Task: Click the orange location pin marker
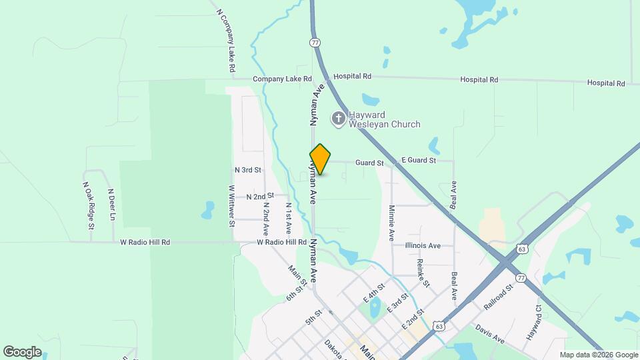[x=320, y=159]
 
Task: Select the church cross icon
[x=339, y=119]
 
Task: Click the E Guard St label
[x=418, y=161]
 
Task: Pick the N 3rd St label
[x=248, y=171]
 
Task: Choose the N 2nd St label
[x=260, y=197]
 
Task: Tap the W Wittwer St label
[x=232, y=205]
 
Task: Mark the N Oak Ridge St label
[x=87, y=202]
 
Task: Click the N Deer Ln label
[x=112, y=205]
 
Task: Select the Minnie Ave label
[x=391, y=223]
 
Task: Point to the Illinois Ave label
[x=423, y=246]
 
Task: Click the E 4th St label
[x=375, y=292]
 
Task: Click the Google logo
[x=22, y=351]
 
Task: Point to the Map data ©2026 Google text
[x=598, y=355]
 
